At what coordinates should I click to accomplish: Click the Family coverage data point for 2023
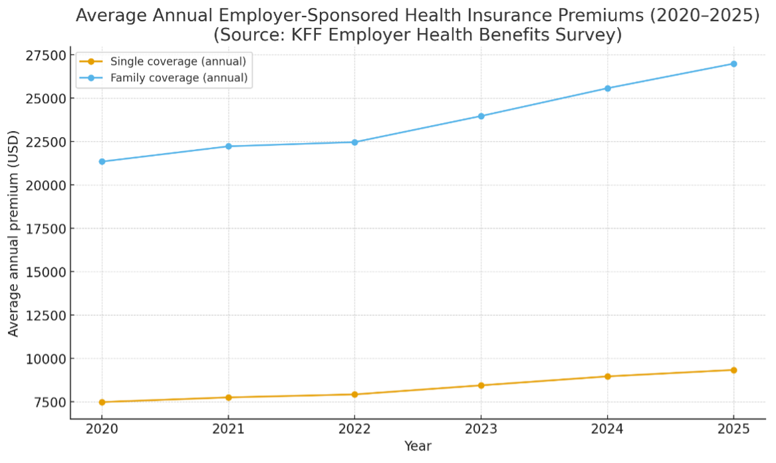tap(481, 116)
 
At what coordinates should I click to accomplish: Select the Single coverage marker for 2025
tap(733, 370)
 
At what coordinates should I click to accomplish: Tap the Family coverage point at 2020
tap(102, 162)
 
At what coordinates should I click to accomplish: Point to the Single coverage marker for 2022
tap(354, 394)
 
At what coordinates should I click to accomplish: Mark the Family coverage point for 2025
tap(733, 64)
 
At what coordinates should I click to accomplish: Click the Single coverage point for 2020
tap(102, 402)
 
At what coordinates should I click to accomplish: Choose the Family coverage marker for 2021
tap(228, 146)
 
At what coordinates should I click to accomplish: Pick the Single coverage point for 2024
tap(607, 377)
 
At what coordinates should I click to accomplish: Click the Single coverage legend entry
tap(178, 62)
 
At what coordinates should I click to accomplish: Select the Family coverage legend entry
tap(179, 78)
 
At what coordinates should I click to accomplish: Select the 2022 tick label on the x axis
tap(354, 429)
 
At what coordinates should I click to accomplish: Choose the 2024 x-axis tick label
tap(607, 429)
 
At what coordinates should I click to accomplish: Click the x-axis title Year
tap(418, 446)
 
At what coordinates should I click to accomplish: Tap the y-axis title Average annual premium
tap(14, 233)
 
